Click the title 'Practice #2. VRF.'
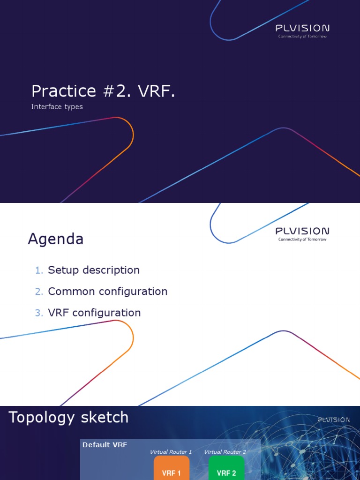pyautogui.click(x=103, y=91)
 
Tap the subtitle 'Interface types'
pyautogui.click(x=57, y=107)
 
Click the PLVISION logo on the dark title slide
pyautogui.click(x=302, y=28)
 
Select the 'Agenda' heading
pyautogui.click(x=55, y=239)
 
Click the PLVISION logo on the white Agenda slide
pyautogui.click(x=302, y=231)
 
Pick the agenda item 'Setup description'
pyautogui.click(x=94, y=270)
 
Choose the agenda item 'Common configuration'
pyautogui.click(x=107, y=291)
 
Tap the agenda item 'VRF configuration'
pyautogui.click(x=94, y=313)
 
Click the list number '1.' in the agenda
pyautogui.click(x=39, y=270)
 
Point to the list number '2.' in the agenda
pyautogui.click(x=39, y=292)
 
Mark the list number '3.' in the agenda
pyautogui.click(x=39, y=313)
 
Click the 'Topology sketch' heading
pyautogui.click(x=68, y=417)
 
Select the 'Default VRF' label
pyautogui.click(x=105, y=445)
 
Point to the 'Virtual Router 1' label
pyautogui.click(x=171, y=452)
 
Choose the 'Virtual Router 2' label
pyautogui.click(x=225, y=452)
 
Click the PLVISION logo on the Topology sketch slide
pyautogui.click(x=333, y=420)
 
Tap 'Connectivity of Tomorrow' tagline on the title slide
pyautogui.click(x=302, y=37)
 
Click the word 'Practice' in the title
pyautogui.click(x=60, y=91)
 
